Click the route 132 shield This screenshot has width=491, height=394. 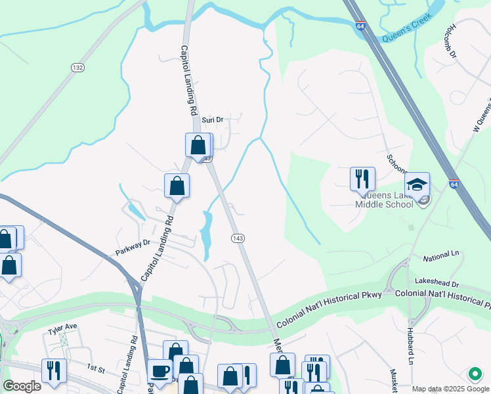pyautogui.click(x=78, y=68)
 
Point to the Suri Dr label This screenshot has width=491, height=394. pyautogui.click(x=213, y=120)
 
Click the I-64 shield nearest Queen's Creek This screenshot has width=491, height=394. pyautogui.click(x=360, y=26)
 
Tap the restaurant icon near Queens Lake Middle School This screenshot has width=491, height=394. pyautogui.click(x=362, y=178)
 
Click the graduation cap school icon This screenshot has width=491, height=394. pyautogui.click(x=417, y=184)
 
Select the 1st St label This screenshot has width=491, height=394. pyautogui.click(x=96, y=370)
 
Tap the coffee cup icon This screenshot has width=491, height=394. pyautogui.click(x=160, y=370)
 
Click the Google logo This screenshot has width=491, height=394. pyautogui.click(x=22, y=385)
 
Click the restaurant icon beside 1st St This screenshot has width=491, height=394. pyautogui.click(x=54, y=370)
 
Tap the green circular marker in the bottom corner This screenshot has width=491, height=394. pyautogui.click(x=475, y=374)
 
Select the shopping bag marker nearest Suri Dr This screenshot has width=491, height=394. pyautogui.click(x=198, y=145)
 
